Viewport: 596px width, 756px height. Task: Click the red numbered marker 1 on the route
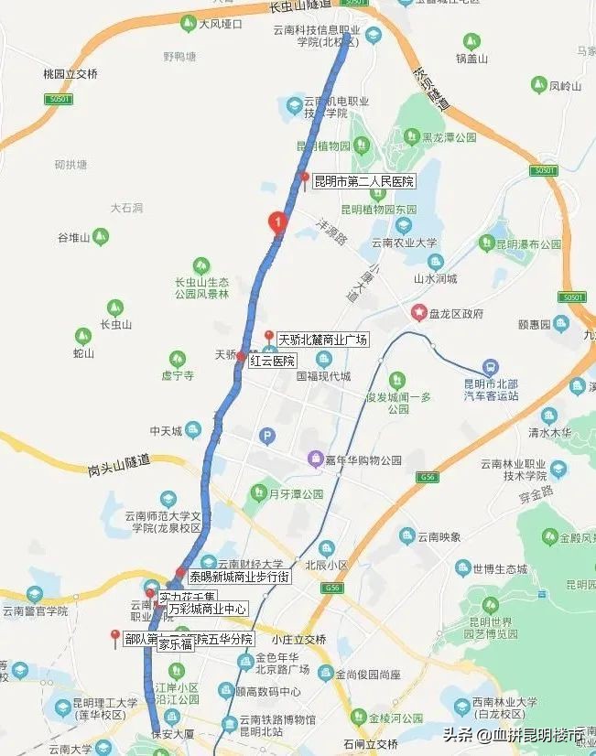coord(276,222)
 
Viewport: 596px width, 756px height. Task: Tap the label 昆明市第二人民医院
coord(363,181)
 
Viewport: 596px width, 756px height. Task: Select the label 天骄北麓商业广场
coord(322,340)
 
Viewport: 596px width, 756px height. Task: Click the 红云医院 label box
coord(272,362)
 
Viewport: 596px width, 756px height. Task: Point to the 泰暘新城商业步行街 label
coord(239,578)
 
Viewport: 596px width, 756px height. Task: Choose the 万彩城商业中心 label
coord(207,608)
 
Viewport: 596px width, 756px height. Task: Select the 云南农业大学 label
coord(405,243)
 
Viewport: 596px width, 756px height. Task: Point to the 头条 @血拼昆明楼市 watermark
coord(515,735)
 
